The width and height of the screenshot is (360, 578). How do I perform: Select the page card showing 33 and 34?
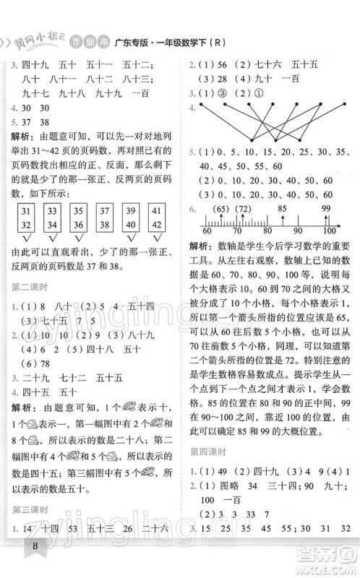(x=52, y=219)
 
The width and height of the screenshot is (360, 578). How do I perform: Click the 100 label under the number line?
(x=330, y=230)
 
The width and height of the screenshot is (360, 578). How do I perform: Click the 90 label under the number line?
(x=298, y=230)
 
